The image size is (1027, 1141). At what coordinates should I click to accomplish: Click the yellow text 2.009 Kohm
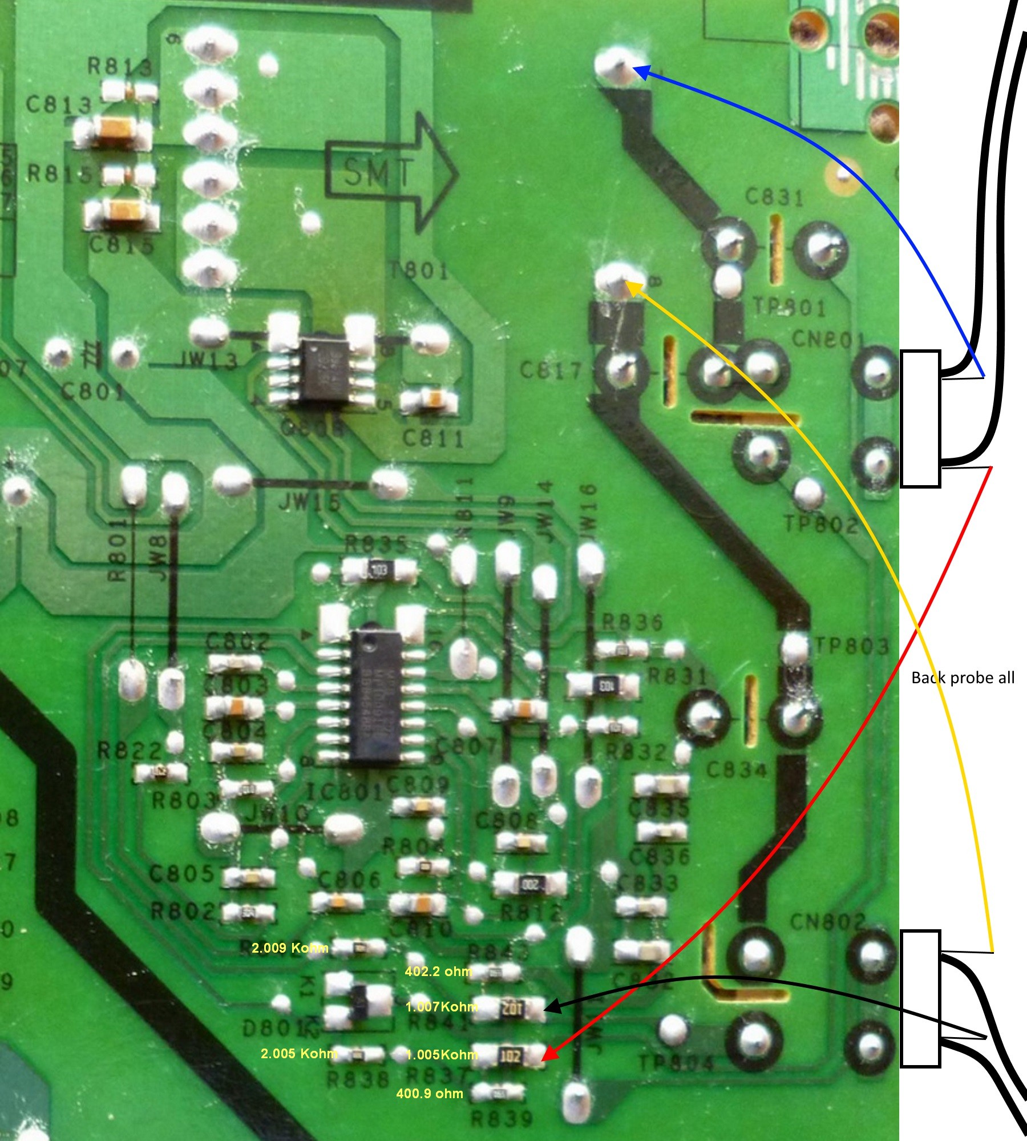(290, 948)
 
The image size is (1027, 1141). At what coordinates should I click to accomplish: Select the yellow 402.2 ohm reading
(438, 971)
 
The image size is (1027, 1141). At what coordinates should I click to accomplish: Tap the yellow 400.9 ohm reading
(429, 1093)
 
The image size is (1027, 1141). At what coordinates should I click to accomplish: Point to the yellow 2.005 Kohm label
(298, 1054)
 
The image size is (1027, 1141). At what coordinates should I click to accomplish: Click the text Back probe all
(963, 678)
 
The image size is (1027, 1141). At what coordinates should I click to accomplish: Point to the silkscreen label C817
(550, 371)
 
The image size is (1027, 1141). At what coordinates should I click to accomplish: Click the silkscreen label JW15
(309, 503)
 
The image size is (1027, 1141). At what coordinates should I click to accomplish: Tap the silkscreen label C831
(775, 197)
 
